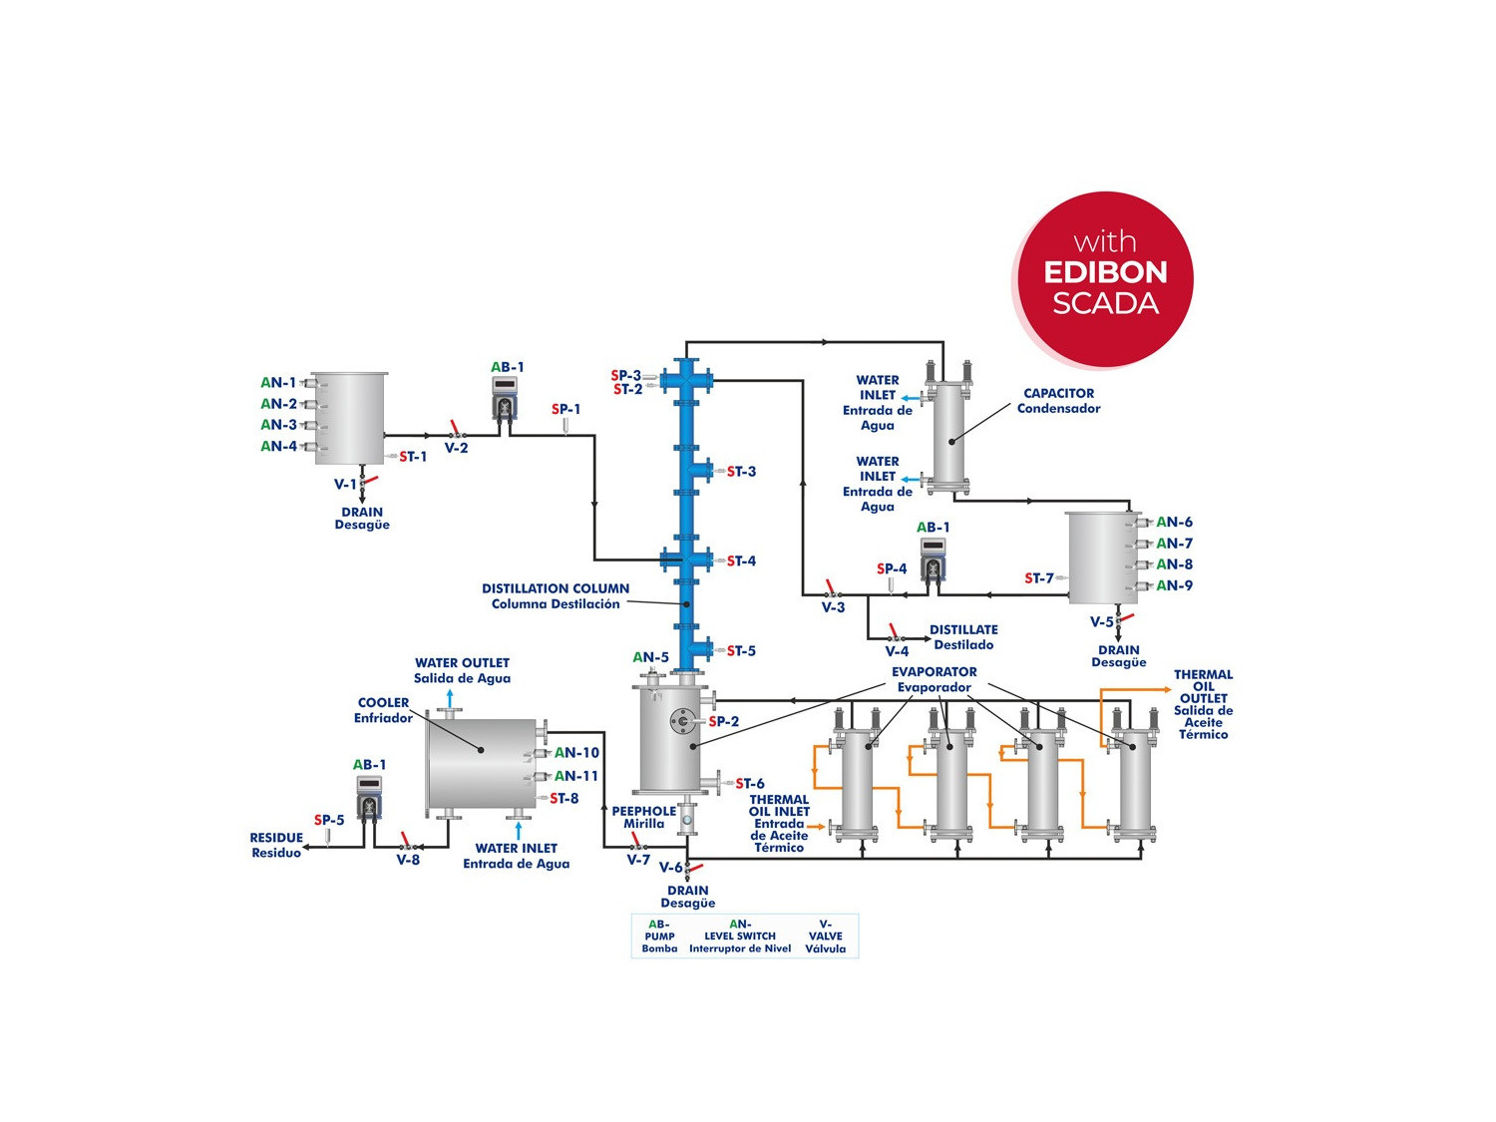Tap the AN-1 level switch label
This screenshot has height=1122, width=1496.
coord(278,383)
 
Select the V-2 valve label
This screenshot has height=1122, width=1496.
coord(456,449)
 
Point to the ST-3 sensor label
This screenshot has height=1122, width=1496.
coord(741,472)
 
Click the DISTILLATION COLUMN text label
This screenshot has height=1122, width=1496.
coord(556,596)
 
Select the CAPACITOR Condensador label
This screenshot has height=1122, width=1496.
coord(1058,401)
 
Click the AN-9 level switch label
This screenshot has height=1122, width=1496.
coord(1174,585)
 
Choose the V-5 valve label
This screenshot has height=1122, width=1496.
coord(1101,622)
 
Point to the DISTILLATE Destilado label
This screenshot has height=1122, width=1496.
coord(963,637)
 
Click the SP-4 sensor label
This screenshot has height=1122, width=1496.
coord(892,569)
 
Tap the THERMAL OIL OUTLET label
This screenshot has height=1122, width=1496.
coord(1203,704)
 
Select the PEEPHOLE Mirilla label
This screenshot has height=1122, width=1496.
coord(643,818)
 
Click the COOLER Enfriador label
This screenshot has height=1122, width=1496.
coord(383,710)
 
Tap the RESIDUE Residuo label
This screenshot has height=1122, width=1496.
coord(276,846)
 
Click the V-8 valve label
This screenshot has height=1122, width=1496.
coord(408,860)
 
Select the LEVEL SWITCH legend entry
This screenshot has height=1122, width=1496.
coord(740,936)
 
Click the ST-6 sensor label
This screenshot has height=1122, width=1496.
coord(750,784)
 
